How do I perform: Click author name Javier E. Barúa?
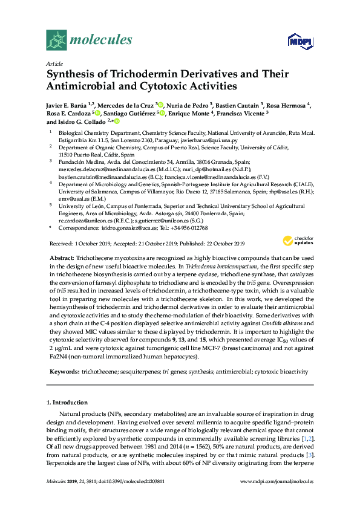tap(65, 105)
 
